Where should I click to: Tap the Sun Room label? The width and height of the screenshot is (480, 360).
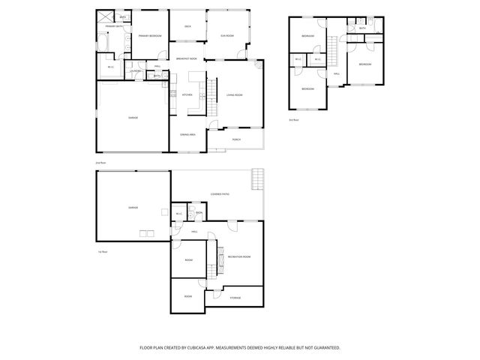pos(226,36)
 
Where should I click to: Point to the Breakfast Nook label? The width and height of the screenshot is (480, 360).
pos(187,58)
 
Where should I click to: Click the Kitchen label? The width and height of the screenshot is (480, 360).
pos(187,94)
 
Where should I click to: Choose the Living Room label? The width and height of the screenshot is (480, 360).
pos(234,95)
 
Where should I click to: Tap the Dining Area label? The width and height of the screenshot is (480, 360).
pos(187,134)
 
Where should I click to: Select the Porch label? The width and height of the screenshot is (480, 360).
pos(235,139)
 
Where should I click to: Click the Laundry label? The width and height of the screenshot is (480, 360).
pos(136,71)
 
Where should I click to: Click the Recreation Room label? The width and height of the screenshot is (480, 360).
pos(238,256)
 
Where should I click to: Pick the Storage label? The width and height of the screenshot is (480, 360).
pos(235,298)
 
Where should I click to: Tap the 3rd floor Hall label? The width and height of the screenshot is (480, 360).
pos(337,73)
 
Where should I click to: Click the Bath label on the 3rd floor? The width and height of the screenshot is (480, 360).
pos(362,28)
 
